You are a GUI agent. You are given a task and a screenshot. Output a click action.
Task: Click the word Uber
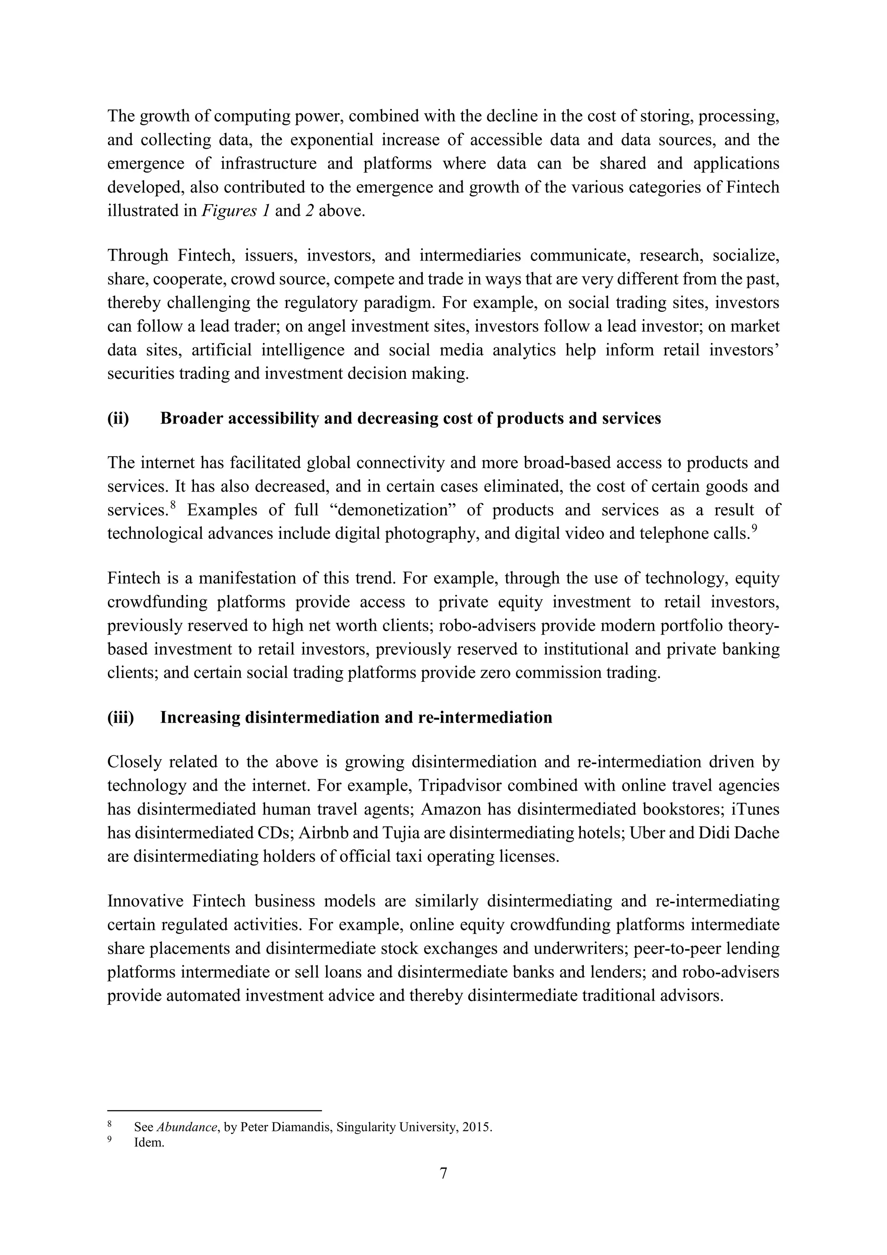tap(648, 832)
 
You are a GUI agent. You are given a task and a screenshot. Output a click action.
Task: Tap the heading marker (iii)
tap(121, 717)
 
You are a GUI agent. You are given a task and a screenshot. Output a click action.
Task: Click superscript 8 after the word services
tap(173, 505)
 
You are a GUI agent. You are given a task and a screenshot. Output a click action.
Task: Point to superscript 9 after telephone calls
tap(755, 528)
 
